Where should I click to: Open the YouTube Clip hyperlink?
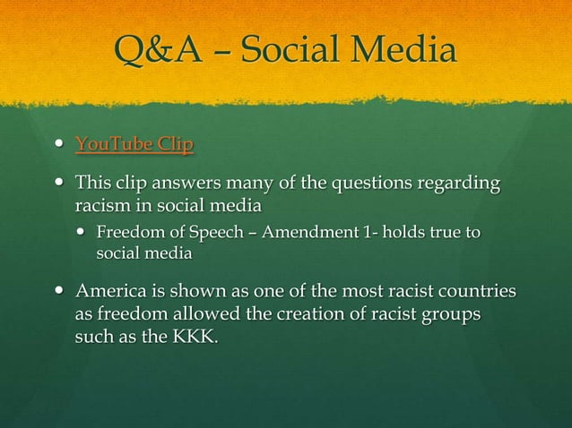[x=134, y=144]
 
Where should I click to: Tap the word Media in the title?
[x=403, y=52]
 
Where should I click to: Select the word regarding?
[x=456, y=185]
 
